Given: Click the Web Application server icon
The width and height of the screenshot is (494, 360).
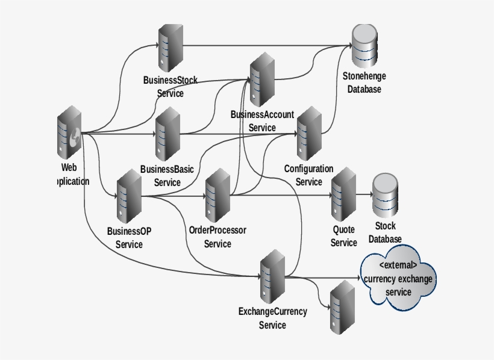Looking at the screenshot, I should pos(70,133).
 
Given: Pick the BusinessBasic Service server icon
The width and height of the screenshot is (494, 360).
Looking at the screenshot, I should pos(167,133).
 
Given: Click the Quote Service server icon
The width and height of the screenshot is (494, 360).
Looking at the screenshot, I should pos(343,195).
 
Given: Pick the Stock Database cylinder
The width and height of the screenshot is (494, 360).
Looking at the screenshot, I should pos(386,195).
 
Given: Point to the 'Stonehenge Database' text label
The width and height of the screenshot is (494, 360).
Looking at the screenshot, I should pos(364,83).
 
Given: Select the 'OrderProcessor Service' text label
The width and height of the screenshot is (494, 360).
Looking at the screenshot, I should pos(217,237).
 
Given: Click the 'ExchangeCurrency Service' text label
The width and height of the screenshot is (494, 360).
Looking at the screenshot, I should pos(272,318).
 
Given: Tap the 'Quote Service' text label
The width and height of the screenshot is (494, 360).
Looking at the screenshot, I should pos(343,236).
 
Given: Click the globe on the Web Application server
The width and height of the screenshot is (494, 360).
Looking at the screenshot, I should pos(75,138).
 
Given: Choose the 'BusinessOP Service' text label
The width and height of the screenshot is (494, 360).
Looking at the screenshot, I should pos(129,238).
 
